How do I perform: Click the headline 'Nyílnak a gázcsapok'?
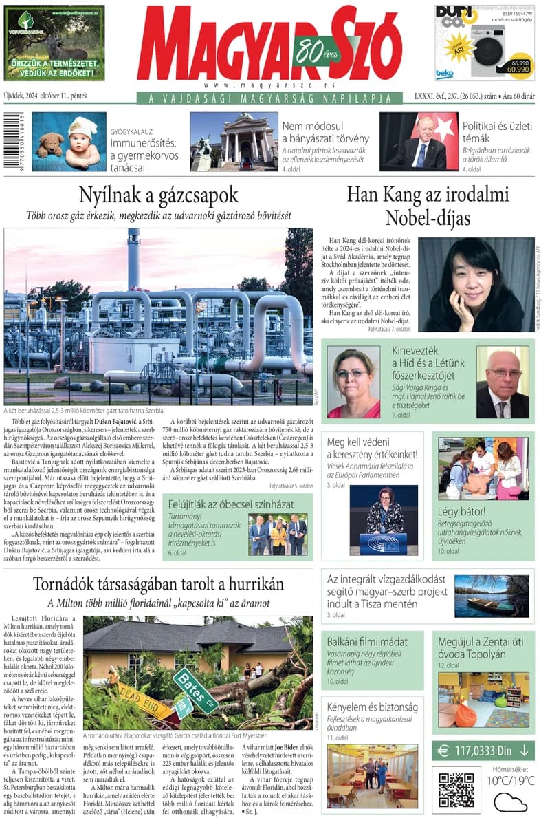[159, 193]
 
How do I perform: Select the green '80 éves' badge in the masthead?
[316, 50]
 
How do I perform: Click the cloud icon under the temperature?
[509, 802]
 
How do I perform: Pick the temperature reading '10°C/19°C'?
[510, 780]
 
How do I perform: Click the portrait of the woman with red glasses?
[353, 383]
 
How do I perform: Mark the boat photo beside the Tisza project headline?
[491, 596]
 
